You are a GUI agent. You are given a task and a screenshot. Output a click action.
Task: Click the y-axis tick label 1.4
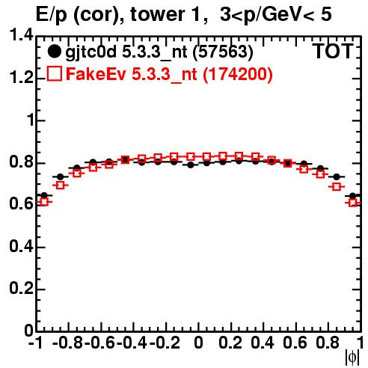coord(21,35)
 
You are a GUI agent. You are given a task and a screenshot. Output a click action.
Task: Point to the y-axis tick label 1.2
coord(21,78)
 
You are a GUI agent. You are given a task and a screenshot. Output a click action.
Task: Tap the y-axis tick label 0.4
coord(21,246)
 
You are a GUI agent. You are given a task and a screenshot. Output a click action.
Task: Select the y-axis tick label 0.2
coord(21,289)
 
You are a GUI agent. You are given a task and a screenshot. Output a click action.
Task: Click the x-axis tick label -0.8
coord(68,343)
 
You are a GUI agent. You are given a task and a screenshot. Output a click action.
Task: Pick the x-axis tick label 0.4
coord(263,343)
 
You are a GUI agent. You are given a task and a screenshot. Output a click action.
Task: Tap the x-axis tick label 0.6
coord(295,343)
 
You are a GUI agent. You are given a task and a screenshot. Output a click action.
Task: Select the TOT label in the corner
coord(334,51)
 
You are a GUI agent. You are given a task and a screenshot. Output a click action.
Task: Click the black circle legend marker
coord(54,52)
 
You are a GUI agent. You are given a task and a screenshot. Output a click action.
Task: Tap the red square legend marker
coord(55,74)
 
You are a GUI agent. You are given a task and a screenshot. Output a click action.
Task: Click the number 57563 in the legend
coord(223,52)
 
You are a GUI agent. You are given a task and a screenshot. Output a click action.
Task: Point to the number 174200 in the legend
coord(238,74)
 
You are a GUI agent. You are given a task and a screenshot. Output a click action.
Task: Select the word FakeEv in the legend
coord(96,74)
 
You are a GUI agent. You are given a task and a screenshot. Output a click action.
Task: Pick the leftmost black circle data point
coord(44,195)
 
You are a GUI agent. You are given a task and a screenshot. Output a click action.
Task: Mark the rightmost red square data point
coord(353,203)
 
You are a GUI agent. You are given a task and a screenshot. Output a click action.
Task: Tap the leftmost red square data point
coord(44,201)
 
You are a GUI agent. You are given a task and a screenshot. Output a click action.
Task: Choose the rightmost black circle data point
coord(353,196)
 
